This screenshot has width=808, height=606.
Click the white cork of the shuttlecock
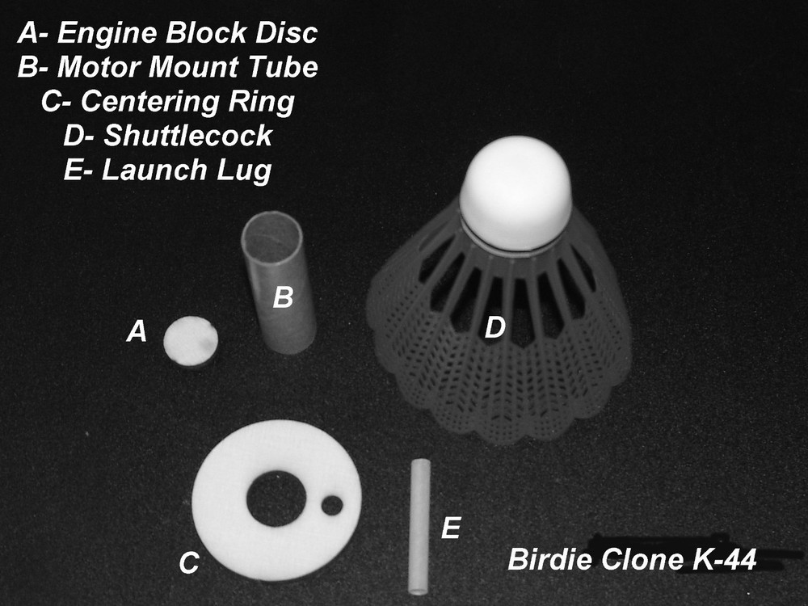pos(516,193)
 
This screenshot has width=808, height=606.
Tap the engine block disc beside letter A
pos(191,341)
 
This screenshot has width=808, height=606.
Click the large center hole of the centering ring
pos(276,499)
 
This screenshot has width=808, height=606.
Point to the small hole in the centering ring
pos(332,505)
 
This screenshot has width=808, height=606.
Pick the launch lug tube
pos(419,526)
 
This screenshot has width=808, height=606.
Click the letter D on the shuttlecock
pos(494,327)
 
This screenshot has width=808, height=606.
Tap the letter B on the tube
pos(283,297)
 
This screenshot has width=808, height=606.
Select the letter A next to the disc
pos(137,330)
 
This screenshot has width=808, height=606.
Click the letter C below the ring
pos(189,562)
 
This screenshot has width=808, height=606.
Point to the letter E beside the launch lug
pos(451,528)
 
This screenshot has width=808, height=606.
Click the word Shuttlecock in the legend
pos(188,136)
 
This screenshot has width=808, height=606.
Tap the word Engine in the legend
pos(107,34)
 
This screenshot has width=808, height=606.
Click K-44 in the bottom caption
pos(725,560)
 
